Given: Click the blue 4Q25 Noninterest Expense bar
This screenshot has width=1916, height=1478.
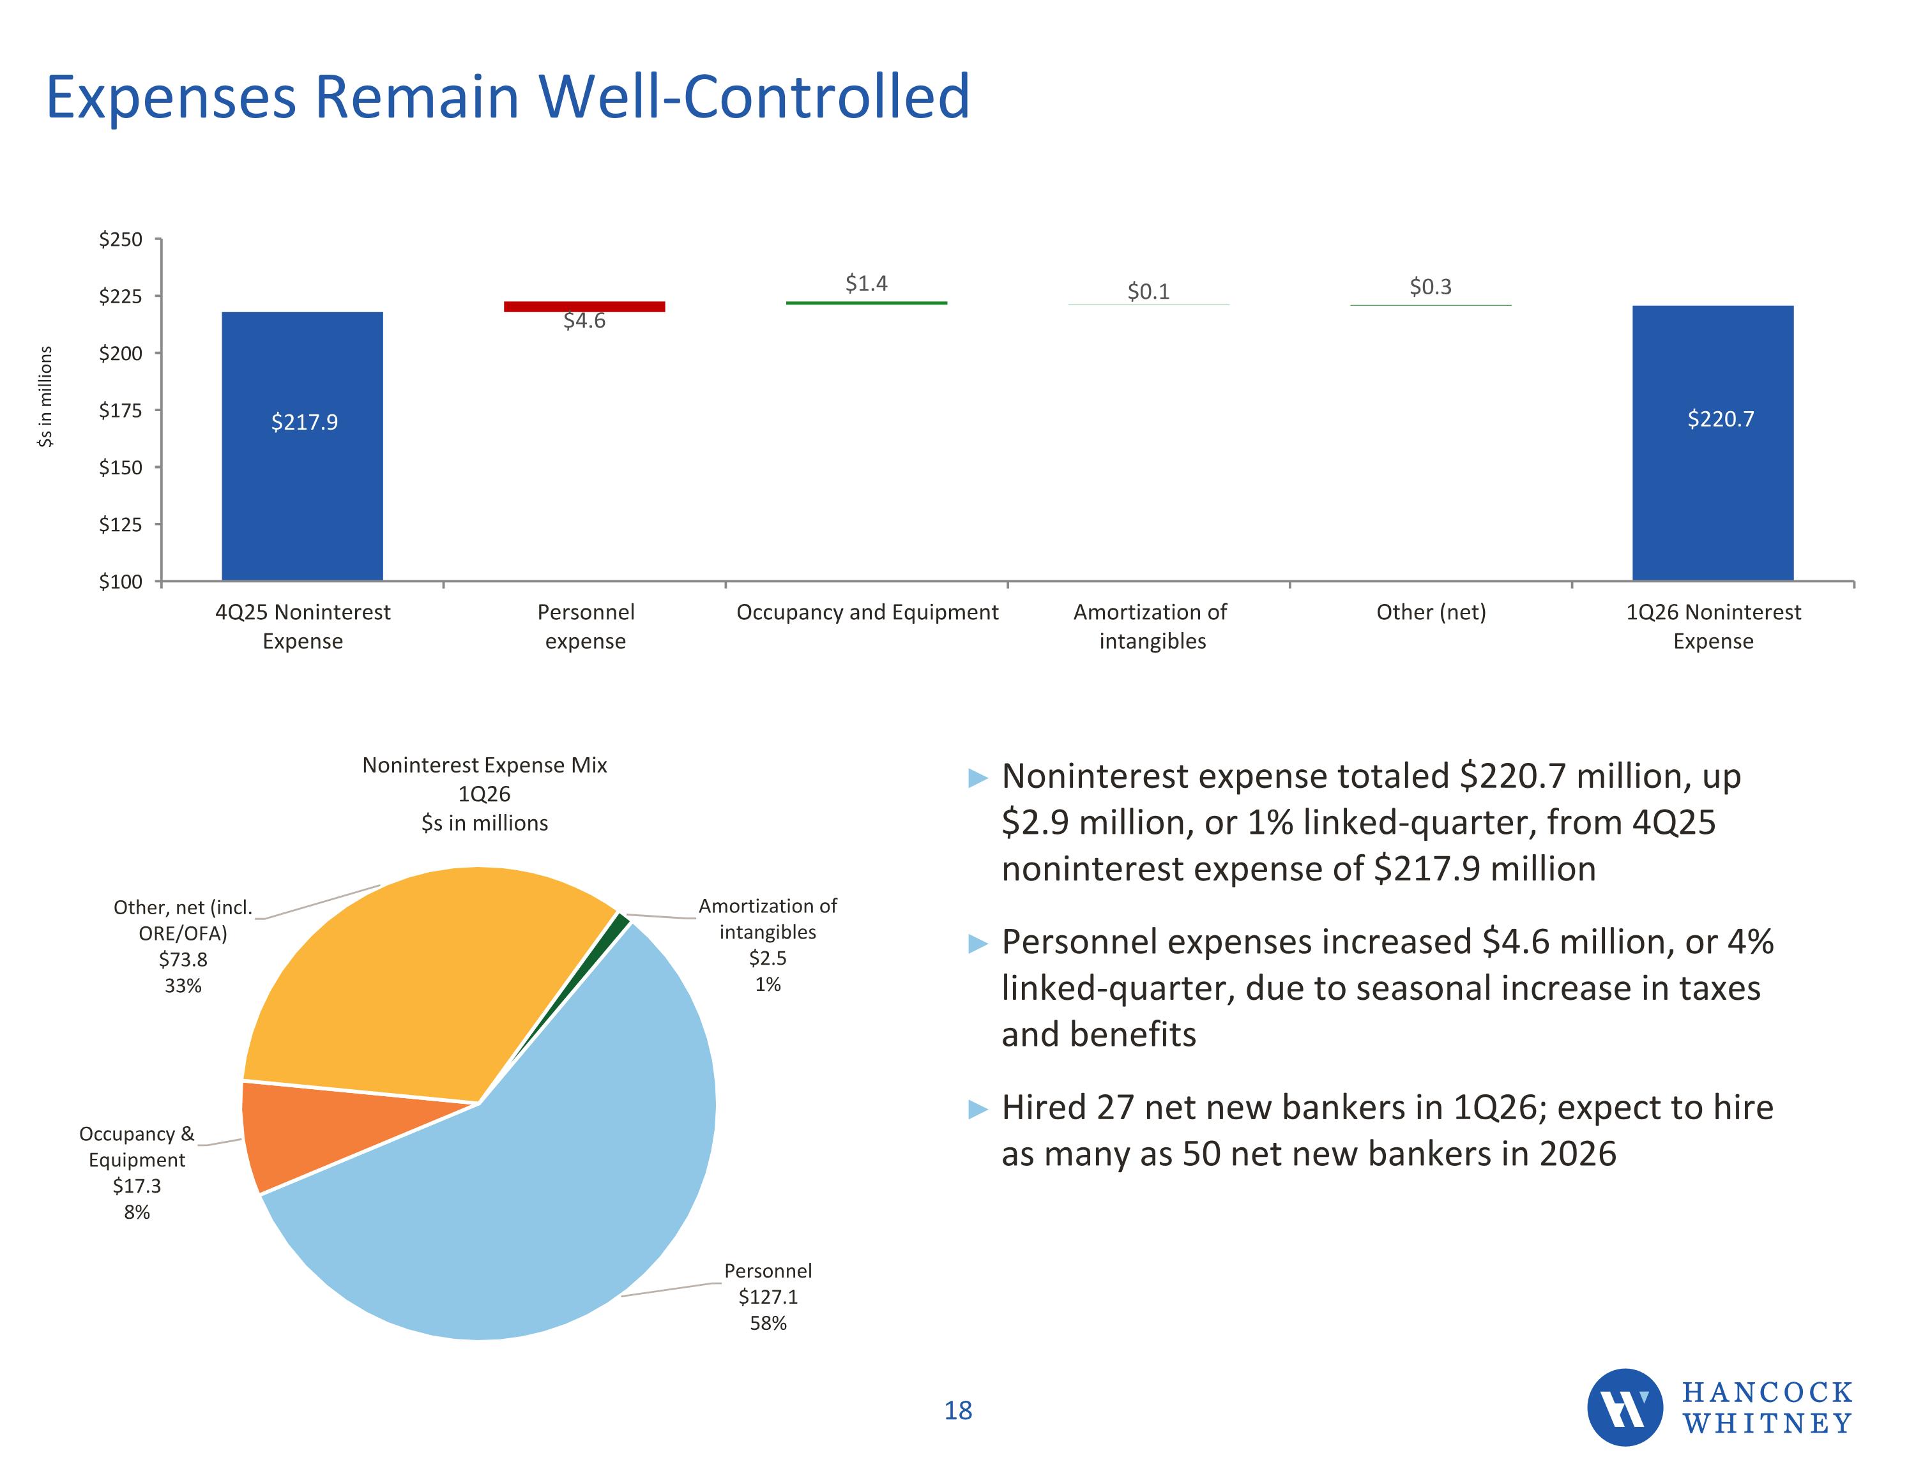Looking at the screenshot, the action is [x=302, y=446].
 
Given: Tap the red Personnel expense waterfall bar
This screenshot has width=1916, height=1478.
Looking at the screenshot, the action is [x=584, y=306].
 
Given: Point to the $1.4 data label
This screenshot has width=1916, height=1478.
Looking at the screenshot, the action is [x=866, y=283].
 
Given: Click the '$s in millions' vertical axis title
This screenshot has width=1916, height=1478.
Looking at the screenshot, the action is [x=45, y=396].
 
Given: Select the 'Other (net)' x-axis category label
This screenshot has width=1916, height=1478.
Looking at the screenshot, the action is [x=1431, y=612].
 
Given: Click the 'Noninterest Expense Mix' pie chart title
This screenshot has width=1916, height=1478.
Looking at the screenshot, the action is [x=484, y=765].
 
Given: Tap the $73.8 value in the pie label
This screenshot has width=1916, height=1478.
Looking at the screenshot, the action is [x=183, y=960].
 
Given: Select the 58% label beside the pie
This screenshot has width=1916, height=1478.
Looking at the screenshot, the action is [x=768, y=1323].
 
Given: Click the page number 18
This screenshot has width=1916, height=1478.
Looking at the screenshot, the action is [x=958, y=1410].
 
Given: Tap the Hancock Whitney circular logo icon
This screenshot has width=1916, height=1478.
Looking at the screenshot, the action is [x=1625, y=1407].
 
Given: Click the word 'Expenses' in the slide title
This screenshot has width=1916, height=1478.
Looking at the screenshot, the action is [x=171, y=98].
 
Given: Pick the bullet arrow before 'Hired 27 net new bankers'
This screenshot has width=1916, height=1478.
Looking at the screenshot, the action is [x=977, y=1110].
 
